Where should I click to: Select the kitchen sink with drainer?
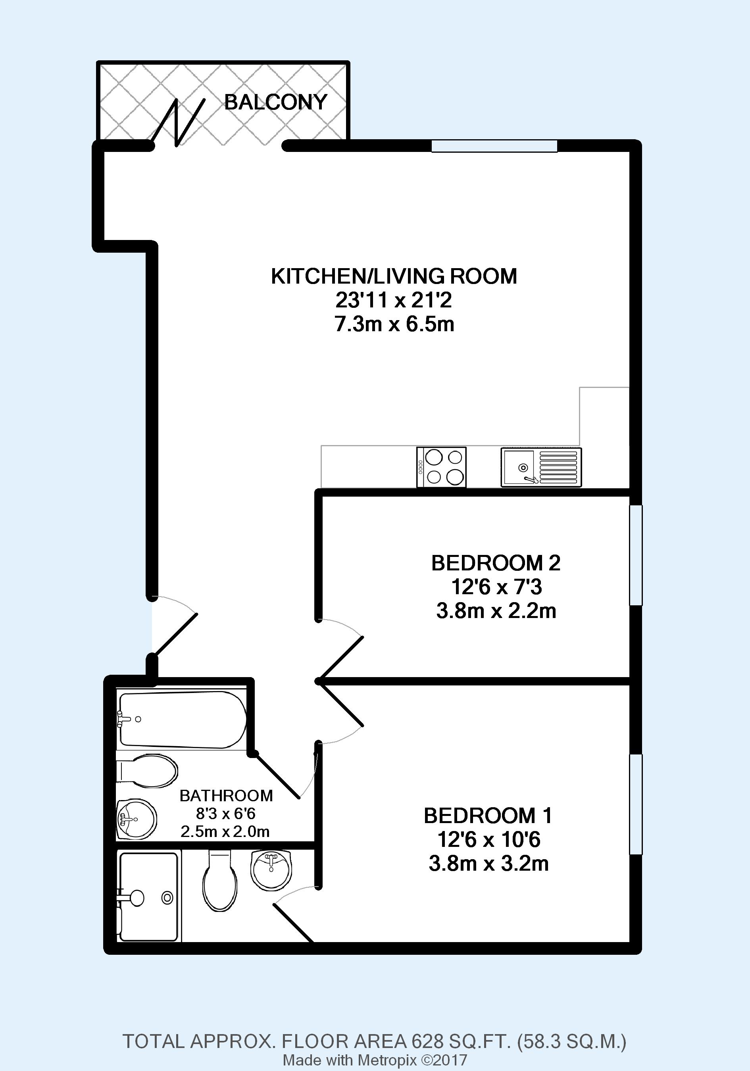pos(541,467)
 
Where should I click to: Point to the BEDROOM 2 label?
pos(496,563)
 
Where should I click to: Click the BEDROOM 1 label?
pos(488,829)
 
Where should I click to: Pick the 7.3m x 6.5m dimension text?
pos(394,324)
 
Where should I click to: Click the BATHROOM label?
pos(226,795)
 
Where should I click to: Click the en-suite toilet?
pos(220,880)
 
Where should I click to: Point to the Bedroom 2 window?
pos(636,555)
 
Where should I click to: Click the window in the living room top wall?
pos(494,146)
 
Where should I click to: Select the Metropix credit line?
pos(375,1060)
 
